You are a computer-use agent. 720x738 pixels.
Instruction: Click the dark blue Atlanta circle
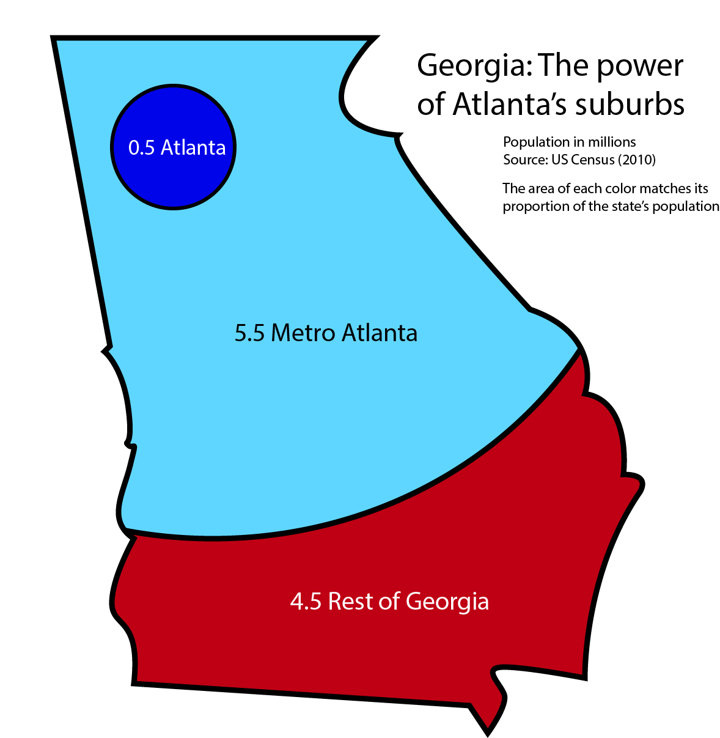click(x=173, y=177)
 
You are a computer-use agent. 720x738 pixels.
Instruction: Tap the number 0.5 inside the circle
click(x=141, y=148)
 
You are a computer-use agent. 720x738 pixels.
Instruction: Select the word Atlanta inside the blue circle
click(x=193, y=148)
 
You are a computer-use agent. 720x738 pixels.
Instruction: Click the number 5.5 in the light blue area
click(x=249, y=333)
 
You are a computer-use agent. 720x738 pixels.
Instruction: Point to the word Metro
click(x=303, y=333)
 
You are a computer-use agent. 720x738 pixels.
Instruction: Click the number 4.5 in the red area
click(x=306, y=602)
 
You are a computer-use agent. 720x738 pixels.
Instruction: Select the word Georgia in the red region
click(x=447, y=603)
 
